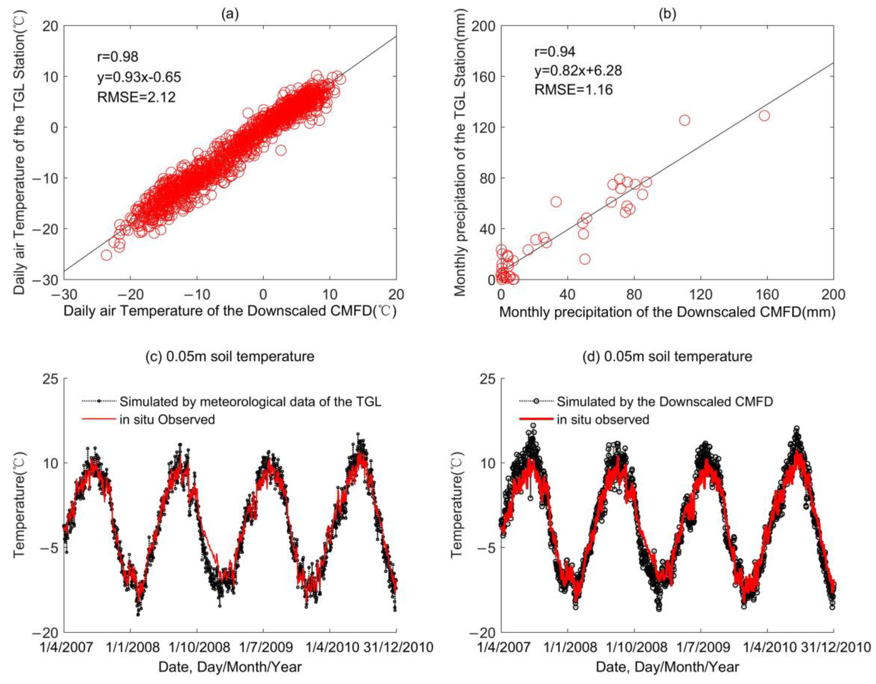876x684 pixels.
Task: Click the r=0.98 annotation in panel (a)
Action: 117,57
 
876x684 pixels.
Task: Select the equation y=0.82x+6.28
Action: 578,71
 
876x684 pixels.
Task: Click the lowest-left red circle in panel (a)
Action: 106,255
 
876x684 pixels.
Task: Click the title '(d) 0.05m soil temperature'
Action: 667,356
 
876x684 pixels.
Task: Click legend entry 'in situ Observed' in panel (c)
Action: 167,420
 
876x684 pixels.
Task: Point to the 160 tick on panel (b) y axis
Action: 484,76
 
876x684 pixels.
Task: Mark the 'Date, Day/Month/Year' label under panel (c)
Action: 230,667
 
